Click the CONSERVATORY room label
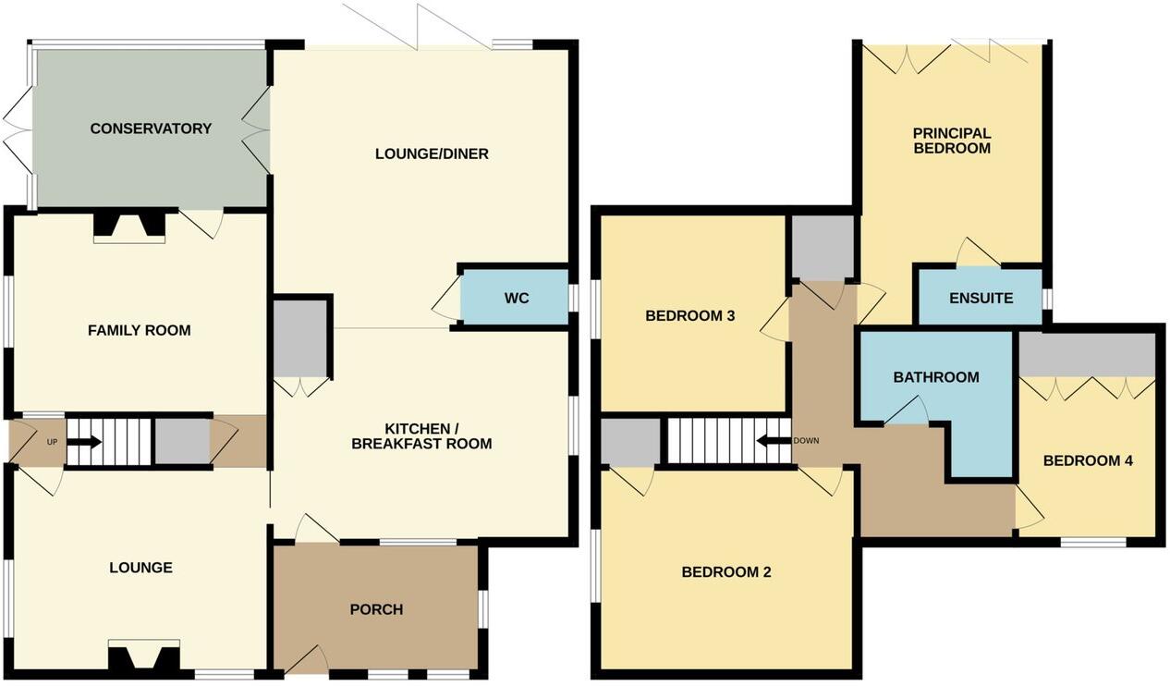[151, 129]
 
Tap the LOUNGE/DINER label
[432, 153]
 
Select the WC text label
[517, 299]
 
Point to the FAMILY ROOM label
[140, 330]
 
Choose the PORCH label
[376, 609]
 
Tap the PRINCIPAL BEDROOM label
[951, 141]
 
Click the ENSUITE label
[981, 299]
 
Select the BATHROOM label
[935, 377]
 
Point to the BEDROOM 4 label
[1088, 460]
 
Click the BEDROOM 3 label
[689, 316]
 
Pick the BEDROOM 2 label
[725, 572]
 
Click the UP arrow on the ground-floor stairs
[84, 442]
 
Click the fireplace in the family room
[129, 227]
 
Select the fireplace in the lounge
[143, 657]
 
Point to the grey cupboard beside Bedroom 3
[822, 247]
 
